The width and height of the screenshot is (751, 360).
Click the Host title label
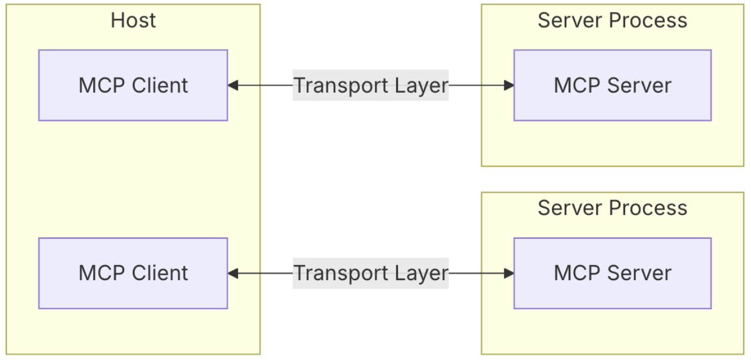(133, 21)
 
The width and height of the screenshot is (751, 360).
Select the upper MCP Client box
(133, 85)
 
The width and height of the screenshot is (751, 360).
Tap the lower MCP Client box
(133, 273)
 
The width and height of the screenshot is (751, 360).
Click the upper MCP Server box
(612, 85)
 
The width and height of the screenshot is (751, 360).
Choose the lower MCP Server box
(612, 273)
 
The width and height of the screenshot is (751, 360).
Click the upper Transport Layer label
(371, 85)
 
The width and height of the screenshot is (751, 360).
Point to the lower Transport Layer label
(371, 273)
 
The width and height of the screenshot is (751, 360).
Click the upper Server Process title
(612, 21)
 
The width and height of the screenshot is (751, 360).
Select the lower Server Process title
(612, 208)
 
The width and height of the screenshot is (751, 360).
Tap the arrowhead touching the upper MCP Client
(233, 85)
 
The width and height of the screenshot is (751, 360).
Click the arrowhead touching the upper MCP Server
(509, 85)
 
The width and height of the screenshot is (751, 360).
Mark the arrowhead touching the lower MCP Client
(233, 273)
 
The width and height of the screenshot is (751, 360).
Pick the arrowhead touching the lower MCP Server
(509, 273)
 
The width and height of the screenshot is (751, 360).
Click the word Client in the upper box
(160, 85)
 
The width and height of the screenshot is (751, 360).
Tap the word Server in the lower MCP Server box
(639, 273)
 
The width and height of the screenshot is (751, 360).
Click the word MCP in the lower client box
(102, 273)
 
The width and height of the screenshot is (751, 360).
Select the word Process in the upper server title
(648, 21)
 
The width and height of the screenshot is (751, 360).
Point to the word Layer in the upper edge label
(422, 86)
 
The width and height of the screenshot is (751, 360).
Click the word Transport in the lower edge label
(341, 274)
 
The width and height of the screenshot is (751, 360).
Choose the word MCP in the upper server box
(577, 85)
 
